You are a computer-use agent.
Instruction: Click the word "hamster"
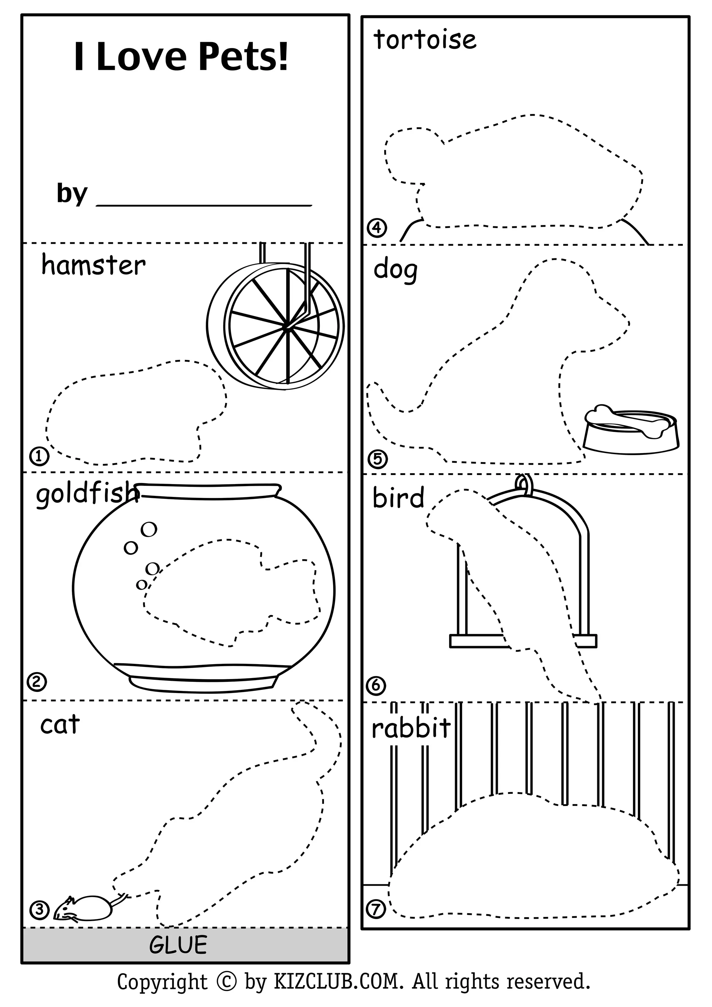[x=93, y=266]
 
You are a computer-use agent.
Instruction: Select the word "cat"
[x=60, y=725]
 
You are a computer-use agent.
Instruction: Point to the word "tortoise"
[x=424, y=40]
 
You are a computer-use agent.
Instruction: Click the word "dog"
[x=395, y=270]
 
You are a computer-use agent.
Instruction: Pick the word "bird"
[x=398, y=498]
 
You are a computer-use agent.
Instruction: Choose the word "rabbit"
[x=411, y=728]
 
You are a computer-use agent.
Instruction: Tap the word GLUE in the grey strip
[x=178, y=945]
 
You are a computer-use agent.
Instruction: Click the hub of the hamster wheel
[x=286, y=326]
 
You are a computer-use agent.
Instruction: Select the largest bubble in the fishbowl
[x=149, y=529]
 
